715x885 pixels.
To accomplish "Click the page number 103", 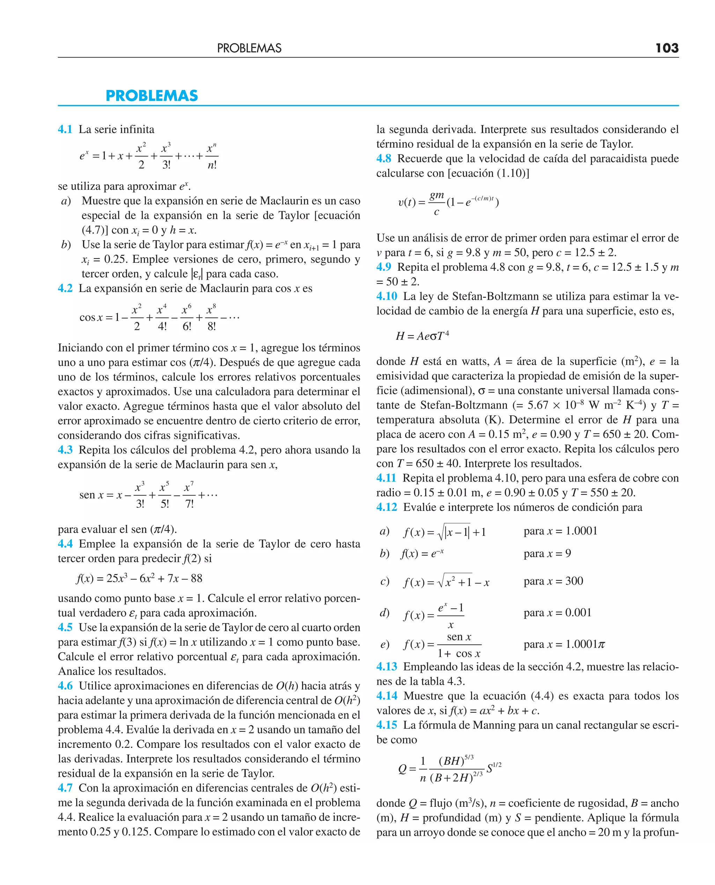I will click(x=667, y=48).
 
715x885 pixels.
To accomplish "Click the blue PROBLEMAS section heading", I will click(x=152, y=96).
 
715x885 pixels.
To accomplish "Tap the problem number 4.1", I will click(x=65, y=129).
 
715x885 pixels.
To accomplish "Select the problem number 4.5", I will click(x=65, y=627).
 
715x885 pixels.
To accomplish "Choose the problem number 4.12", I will click(x=387, y=507).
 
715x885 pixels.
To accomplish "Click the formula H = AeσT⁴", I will click(x=422, y=336).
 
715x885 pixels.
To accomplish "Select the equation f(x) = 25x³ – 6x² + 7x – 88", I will click(x=139, y=578).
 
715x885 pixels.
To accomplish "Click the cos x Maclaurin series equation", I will click(x=159, y=317).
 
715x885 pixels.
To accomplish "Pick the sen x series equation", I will click(x=148, y=494).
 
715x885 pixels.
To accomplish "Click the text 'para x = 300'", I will click(x=553, y=581).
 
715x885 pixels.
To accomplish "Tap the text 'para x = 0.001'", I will click(x=557, y=612).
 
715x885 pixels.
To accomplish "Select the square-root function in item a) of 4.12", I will click(x=445, y=532).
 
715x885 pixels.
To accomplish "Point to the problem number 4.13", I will click(x=387, y=667).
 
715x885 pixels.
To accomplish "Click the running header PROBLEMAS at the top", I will click(x=249, y=48).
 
